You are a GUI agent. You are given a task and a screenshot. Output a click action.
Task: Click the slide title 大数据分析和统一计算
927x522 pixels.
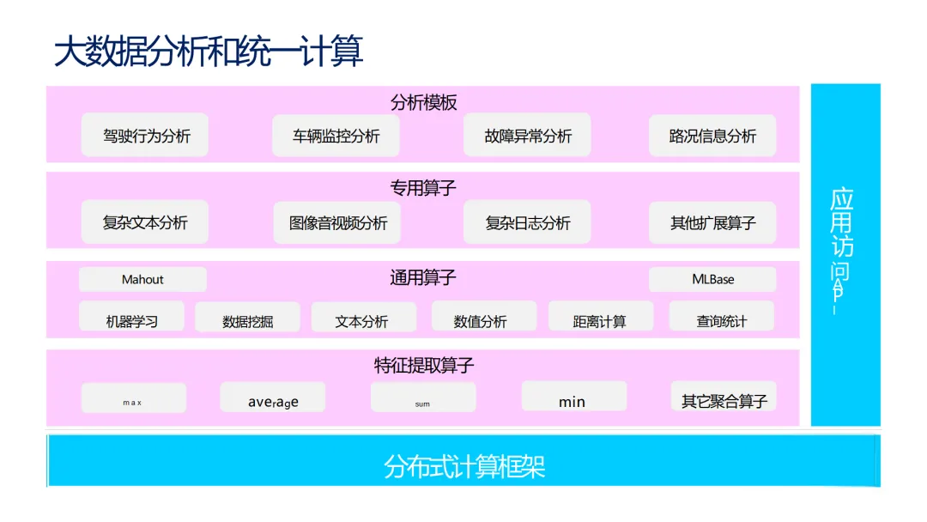[x=209, y=52]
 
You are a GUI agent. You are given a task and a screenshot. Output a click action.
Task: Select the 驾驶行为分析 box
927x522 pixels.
[x=145, y=136]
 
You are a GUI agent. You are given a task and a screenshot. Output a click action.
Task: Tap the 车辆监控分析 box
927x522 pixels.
[x=336, y=136]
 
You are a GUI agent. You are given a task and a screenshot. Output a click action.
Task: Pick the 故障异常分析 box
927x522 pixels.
[x=527, y=136]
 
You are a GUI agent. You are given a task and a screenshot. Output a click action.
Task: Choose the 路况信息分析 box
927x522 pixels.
[x=712, y=136]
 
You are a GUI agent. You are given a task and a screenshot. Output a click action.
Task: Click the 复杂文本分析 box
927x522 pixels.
[x=145, y=222]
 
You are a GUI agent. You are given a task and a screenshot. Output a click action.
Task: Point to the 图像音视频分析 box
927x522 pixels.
[x=337, y=222]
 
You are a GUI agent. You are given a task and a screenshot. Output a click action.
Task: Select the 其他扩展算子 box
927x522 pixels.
[x=712, y=222]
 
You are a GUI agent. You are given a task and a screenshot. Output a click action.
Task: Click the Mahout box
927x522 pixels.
[x=142, y=279]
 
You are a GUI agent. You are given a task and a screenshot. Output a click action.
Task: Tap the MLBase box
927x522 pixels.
[x=712, y=279]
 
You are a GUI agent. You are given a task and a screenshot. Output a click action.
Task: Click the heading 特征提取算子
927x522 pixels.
[x=423, y=365]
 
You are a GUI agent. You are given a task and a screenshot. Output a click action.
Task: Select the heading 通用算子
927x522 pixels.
[x=423, y=277]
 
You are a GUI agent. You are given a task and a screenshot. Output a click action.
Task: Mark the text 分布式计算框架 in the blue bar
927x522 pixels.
[x=464, y=466]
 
